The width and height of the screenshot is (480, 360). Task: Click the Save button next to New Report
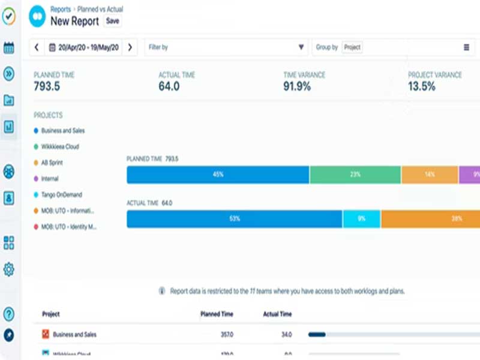(x=112, y=21)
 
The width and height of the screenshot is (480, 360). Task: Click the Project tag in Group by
(x=352, y=47)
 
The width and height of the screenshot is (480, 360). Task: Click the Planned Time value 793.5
(x=47, y=86)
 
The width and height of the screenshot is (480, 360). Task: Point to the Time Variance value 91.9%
(x=297, y=86)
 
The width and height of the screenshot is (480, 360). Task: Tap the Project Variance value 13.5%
(x=422, y=86)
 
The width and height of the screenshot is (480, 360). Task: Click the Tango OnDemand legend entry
(x=62, y=195)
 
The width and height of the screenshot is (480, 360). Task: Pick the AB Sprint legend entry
(x=52, y=163)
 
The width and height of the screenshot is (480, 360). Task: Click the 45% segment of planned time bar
(x=218, y=175)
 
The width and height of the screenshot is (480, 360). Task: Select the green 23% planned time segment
(x=355, y=175)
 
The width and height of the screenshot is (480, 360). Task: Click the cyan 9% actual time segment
(x=361, y=219)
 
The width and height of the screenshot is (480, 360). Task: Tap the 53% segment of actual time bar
(x=234, y=219)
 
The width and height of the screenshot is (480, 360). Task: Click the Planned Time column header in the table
(x=217, y=314)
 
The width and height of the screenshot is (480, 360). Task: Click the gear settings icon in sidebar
(x=9, y=269)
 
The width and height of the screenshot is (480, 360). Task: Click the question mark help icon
(x=9, y=313)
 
